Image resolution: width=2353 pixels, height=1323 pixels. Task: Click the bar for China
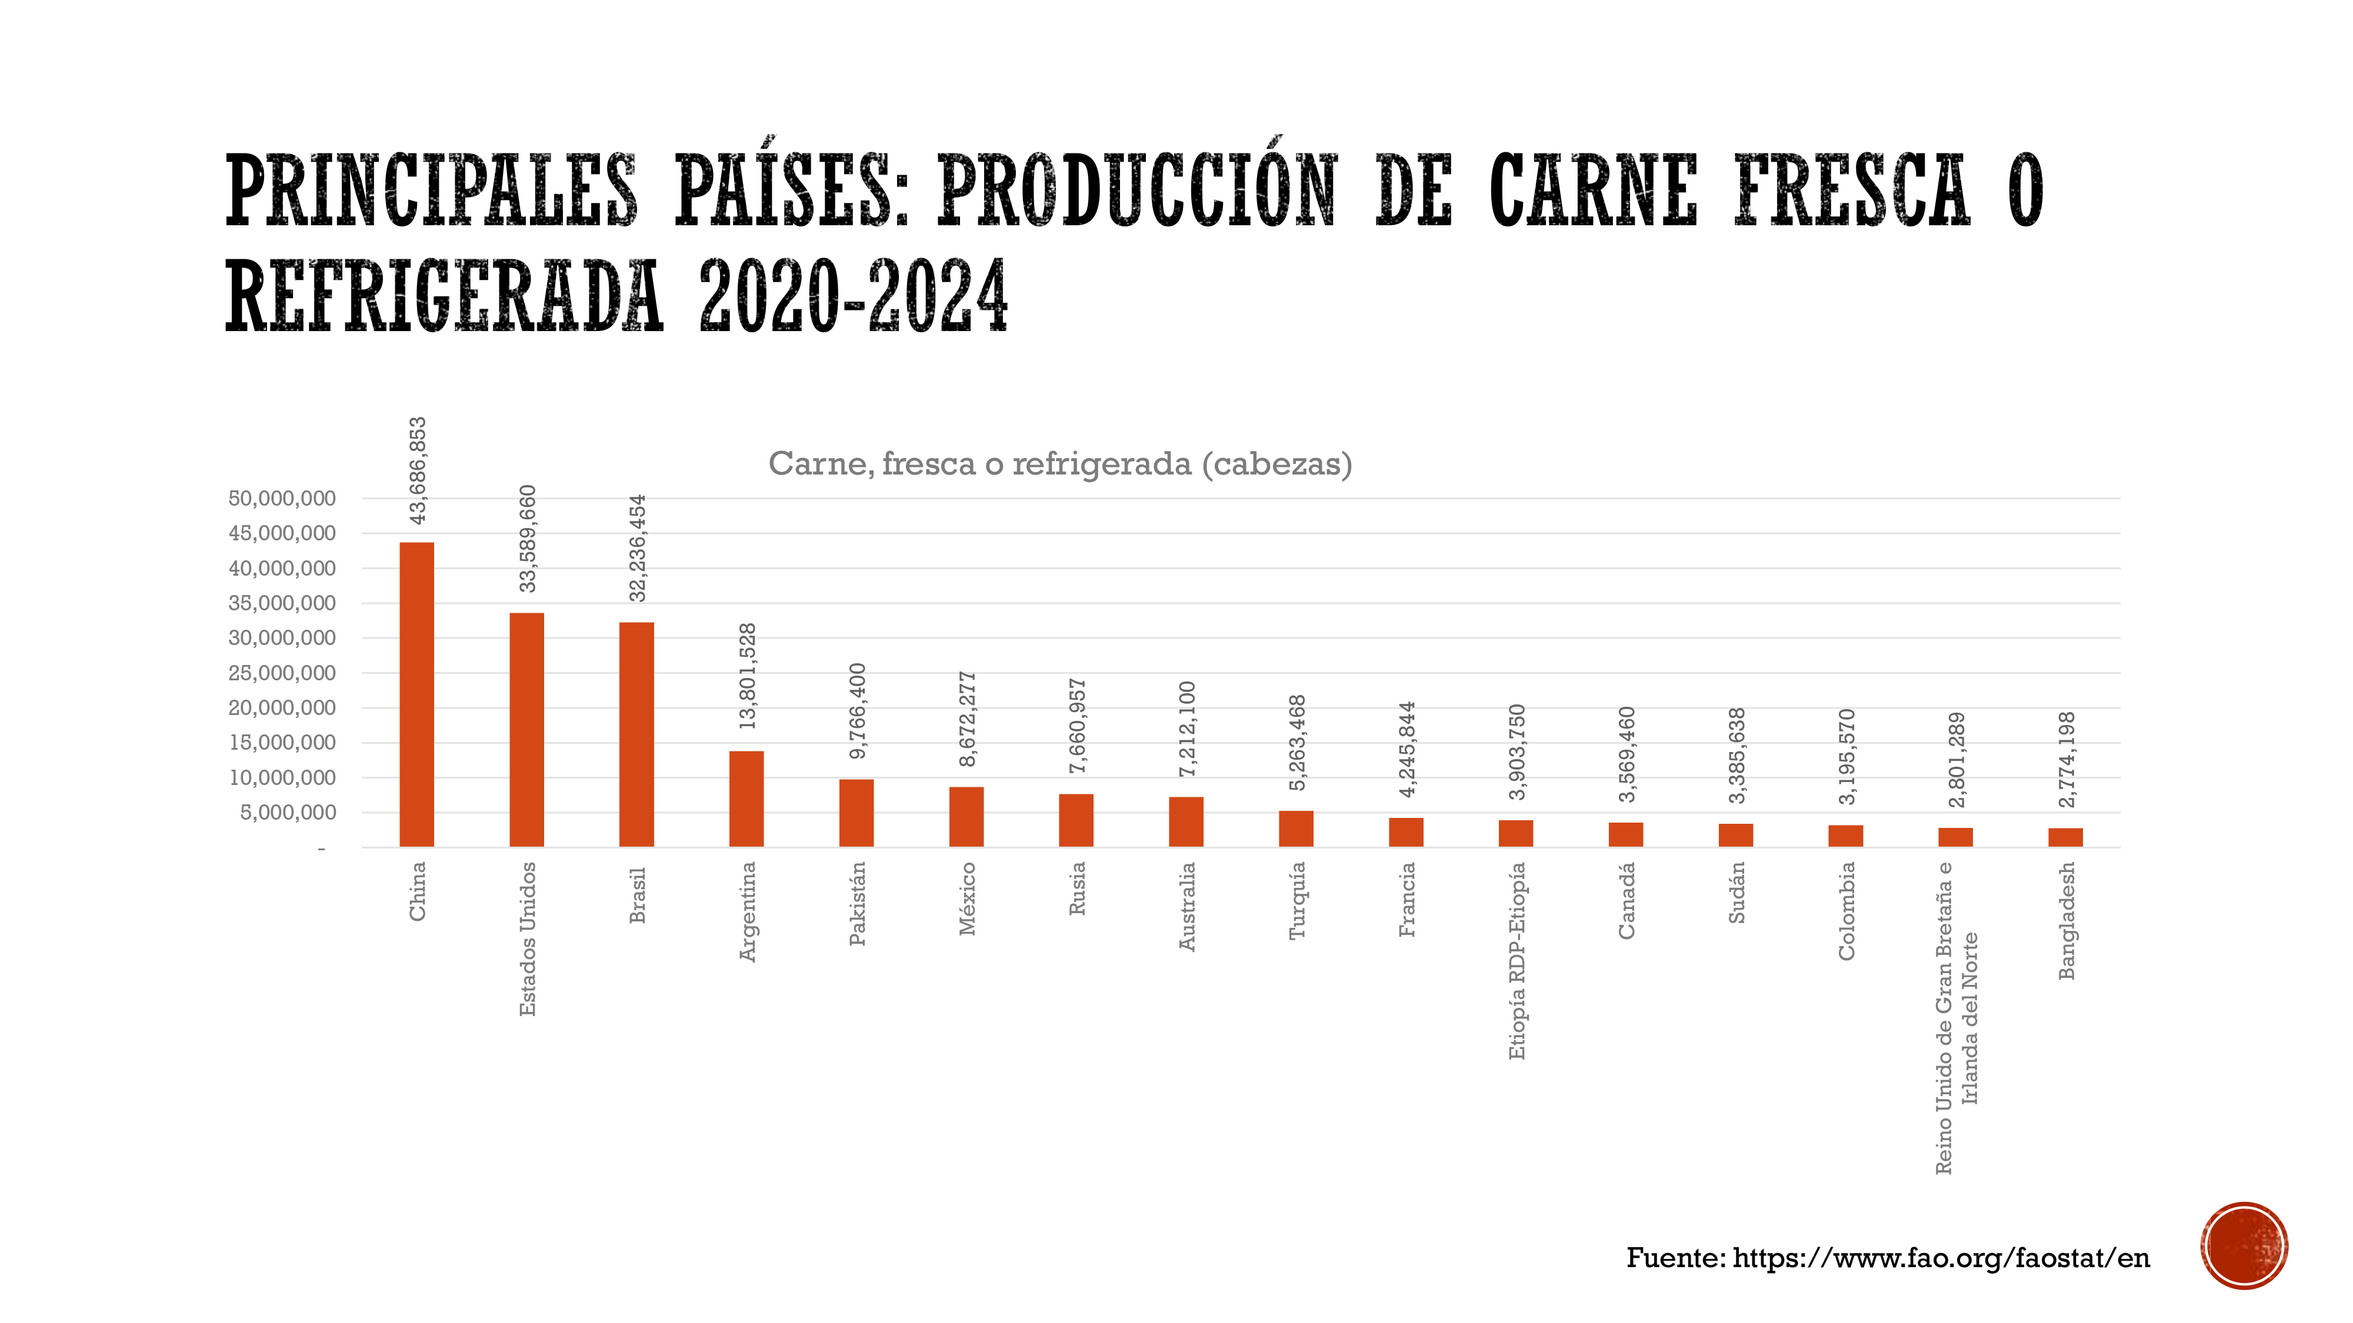pos(416,695)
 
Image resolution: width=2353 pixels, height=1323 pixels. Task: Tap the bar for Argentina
pos(746,799)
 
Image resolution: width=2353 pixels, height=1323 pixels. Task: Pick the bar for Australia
pos(1186,822)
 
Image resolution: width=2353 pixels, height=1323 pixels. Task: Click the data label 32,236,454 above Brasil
pos(638,548)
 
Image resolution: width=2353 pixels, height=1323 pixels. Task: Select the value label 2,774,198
pos(2067,760)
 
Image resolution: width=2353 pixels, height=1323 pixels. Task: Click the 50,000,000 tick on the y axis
pos(282,499)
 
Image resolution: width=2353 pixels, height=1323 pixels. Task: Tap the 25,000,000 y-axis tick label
pos(282,673)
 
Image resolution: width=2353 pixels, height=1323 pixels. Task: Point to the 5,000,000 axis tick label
pos(288,813)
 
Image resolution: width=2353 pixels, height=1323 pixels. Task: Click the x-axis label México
pos(967,900)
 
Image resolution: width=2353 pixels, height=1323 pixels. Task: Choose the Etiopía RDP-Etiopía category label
pos(1517,961)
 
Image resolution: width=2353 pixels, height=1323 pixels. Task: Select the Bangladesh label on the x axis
pos(2067,920)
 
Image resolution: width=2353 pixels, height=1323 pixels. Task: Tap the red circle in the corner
pos(2244,1245)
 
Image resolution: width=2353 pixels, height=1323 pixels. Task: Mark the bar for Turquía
pos(1296,829)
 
